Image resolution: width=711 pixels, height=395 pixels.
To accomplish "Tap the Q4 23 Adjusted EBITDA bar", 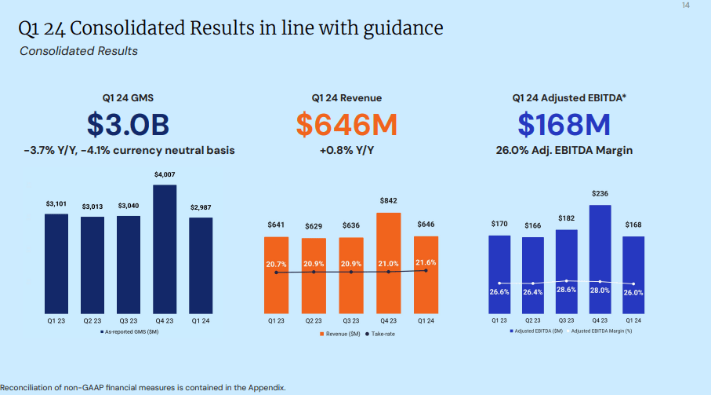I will tap(599, 259).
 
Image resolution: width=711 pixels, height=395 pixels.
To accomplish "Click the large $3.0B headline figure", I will tap(128, 124).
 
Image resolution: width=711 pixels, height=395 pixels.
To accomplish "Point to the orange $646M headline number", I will tap(346, 124).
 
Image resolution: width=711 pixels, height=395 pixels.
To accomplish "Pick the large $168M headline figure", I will tap(564, 124).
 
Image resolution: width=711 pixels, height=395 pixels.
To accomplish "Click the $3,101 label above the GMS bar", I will tap(56, 203).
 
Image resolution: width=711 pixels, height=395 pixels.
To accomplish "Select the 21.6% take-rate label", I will tap(426, 263).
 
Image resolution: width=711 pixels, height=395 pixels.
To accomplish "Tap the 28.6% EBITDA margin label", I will tap(565, 290).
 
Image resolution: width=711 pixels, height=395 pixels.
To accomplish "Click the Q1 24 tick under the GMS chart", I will tap(201, 321).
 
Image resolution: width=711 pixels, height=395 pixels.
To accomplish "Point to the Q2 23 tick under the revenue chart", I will tap(314, 321).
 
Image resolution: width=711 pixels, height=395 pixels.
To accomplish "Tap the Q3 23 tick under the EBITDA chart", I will tap(565, 320).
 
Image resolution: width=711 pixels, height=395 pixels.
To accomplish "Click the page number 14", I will tap(687, 6).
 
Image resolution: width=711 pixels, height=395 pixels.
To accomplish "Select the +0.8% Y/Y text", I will tap(346, 149).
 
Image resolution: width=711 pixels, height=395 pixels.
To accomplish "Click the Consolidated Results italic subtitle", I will tap(78, 51).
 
